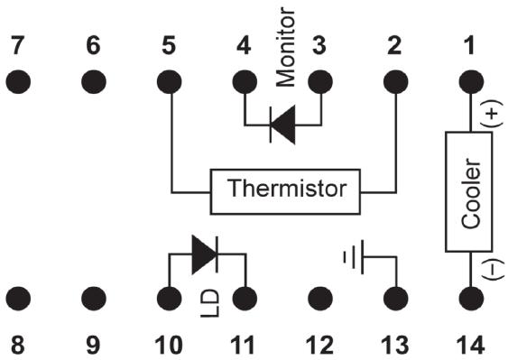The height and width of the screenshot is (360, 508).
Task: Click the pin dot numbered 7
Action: pyautogui.click(x=18, y=81)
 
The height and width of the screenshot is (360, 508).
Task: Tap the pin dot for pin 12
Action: pyautogui.click(x=320, y=299)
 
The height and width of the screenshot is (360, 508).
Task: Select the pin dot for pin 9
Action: pyautogui.click(x=94, y=299)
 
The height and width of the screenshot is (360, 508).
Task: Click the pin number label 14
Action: pyautogui.click(x=471, y=345)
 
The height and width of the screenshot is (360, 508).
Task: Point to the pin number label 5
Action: pyautogui.click(x=169, y=45)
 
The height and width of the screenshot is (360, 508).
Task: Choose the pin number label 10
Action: pyautogui.click(x=169, y=345)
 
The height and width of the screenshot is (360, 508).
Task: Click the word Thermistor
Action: pyautogui.click(x=287, y=188)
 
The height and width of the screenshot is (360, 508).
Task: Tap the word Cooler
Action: pyautogui.click(x=471, y=193)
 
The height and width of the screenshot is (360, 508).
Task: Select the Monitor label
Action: pyautogui.click(x=285, y=48)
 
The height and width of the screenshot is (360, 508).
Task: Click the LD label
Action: pyautogui.click(x=210, y=303)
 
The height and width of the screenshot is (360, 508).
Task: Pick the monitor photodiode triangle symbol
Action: pyautogui.click(x=282, y=125)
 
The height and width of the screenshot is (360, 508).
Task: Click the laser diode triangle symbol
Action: pyautogui.click(x=205, y=254)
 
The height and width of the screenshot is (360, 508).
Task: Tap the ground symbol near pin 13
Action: pyautogui.click(x=354, y=257)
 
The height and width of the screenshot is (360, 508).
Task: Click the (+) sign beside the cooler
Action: pyautogui.click(x=492, y=114)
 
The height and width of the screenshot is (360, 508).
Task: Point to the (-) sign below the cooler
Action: pyautogui.click(x=493, y=269)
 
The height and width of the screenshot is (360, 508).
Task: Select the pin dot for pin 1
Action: pyautogui.click(x=471, y=81)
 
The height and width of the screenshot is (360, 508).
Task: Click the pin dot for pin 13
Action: pyautogui.click(x=395, y=299)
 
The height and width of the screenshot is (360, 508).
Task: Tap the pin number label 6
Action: pyautogui.click(x=93, y=45)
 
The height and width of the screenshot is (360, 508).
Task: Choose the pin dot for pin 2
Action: pyautogui.click(x=395, y=81)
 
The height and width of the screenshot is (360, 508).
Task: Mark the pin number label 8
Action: pyautogui.click(x=18, y=345)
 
